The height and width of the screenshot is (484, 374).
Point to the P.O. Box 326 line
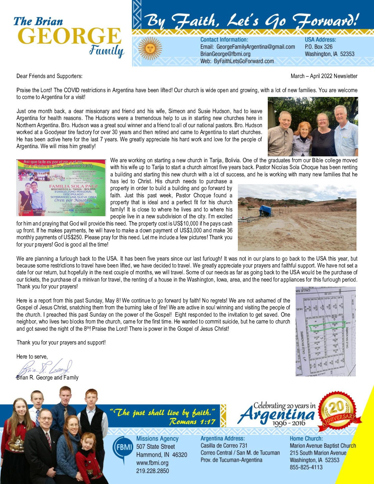[x=319, y=47]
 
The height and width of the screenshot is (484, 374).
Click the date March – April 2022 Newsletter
[x=324, y=76]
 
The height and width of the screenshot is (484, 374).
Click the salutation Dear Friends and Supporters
[x=49, y=76]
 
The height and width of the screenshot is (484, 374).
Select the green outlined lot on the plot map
[x=327, y=326]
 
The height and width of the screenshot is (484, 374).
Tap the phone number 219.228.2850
[x=153, y=471]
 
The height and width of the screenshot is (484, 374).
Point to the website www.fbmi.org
[x=152, y=463]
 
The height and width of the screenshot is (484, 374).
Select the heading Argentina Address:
[x=222, y=438]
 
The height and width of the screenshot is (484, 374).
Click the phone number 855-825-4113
[x=306, y=467]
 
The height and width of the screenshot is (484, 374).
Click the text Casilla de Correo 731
[x=224, y=445]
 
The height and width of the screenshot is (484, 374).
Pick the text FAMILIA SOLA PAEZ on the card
[x=73, y=186]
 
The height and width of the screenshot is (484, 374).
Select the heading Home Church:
[x=306, y=438]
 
